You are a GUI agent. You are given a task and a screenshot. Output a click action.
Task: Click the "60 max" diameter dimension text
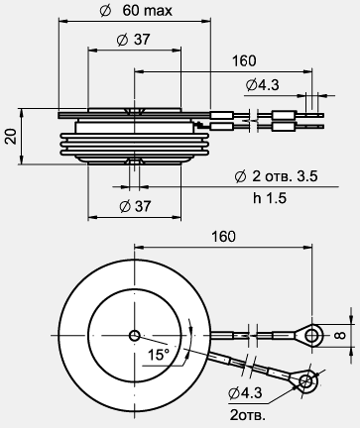[148, 11]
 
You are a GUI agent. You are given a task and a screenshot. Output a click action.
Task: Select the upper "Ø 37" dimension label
[134, 40]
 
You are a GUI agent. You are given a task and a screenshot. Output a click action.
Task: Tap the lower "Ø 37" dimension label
[135, 206]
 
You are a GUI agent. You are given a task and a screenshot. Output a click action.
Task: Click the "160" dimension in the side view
[244, 61]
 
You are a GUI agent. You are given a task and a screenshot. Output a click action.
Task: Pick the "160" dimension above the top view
[224, 237]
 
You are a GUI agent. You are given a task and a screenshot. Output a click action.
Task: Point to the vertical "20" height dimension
[11, 136]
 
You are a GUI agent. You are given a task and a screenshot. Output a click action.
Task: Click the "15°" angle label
[158, 355]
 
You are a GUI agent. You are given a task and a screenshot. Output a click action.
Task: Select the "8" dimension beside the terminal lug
[340, 335]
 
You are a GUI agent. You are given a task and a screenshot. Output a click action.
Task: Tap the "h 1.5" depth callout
[270, 198]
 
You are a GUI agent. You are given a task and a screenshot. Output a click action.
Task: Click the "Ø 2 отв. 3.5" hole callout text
[276, 176]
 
